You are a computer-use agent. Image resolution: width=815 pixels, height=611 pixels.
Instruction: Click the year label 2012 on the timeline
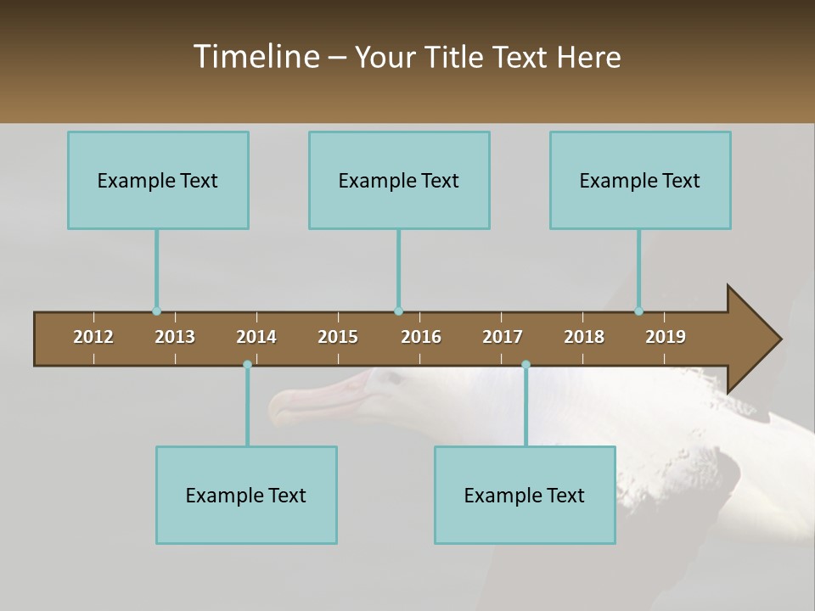point(93,337)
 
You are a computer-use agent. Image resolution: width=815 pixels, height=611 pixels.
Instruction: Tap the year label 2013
point(175,337)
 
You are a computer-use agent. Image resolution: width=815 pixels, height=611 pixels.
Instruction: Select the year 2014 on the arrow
point(256,337)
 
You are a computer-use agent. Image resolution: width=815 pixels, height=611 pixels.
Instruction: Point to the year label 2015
point(338,337)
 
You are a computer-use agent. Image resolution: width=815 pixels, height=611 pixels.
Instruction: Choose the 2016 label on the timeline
point(421,337)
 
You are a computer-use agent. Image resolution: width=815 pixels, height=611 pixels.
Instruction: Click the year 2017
point(503,337)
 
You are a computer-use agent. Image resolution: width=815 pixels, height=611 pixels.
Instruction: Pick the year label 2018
point(584,337)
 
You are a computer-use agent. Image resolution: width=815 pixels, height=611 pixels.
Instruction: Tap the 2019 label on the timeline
point(666,337)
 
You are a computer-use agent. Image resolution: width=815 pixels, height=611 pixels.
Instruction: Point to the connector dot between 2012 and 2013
point(156,311)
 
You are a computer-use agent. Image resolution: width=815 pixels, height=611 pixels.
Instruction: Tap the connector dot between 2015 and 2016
point(398,311)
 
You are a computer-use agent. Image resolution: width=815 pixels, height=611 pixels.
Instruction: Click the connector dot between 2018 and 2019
point(638,311)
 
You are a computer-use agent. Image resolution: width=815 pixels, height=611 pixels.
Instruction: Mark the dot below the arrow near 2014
point(247,365)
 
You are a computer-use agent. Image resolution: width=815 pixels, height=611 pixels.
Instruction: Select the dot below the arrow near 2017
point(526,365)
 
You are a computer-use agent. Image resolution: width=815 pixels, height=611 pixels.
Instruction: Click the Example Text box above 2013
point(158,180)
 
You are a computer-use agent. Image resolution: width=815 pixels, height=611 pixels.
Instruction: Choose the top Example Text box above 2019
point(640,180)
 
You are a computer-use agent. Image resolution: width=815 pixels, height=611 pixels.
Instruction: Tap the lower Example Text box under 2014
point(246,495)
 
